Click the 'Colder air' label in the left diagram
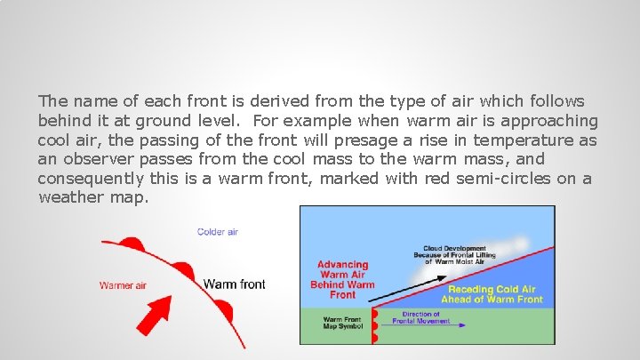tap(217, 232)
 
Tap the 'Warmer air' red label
tap(124, 285)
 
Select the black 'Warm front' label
tap(234, 284)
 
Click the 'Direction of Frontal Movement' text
tap(420, 317)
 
